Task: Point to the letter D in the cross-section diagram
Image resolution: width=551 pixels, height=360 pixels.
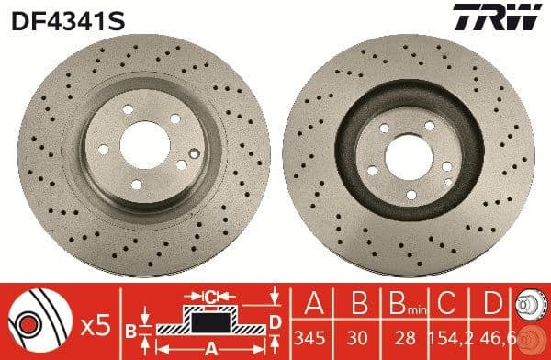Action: pyautogui.click(x=275, y=320)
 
